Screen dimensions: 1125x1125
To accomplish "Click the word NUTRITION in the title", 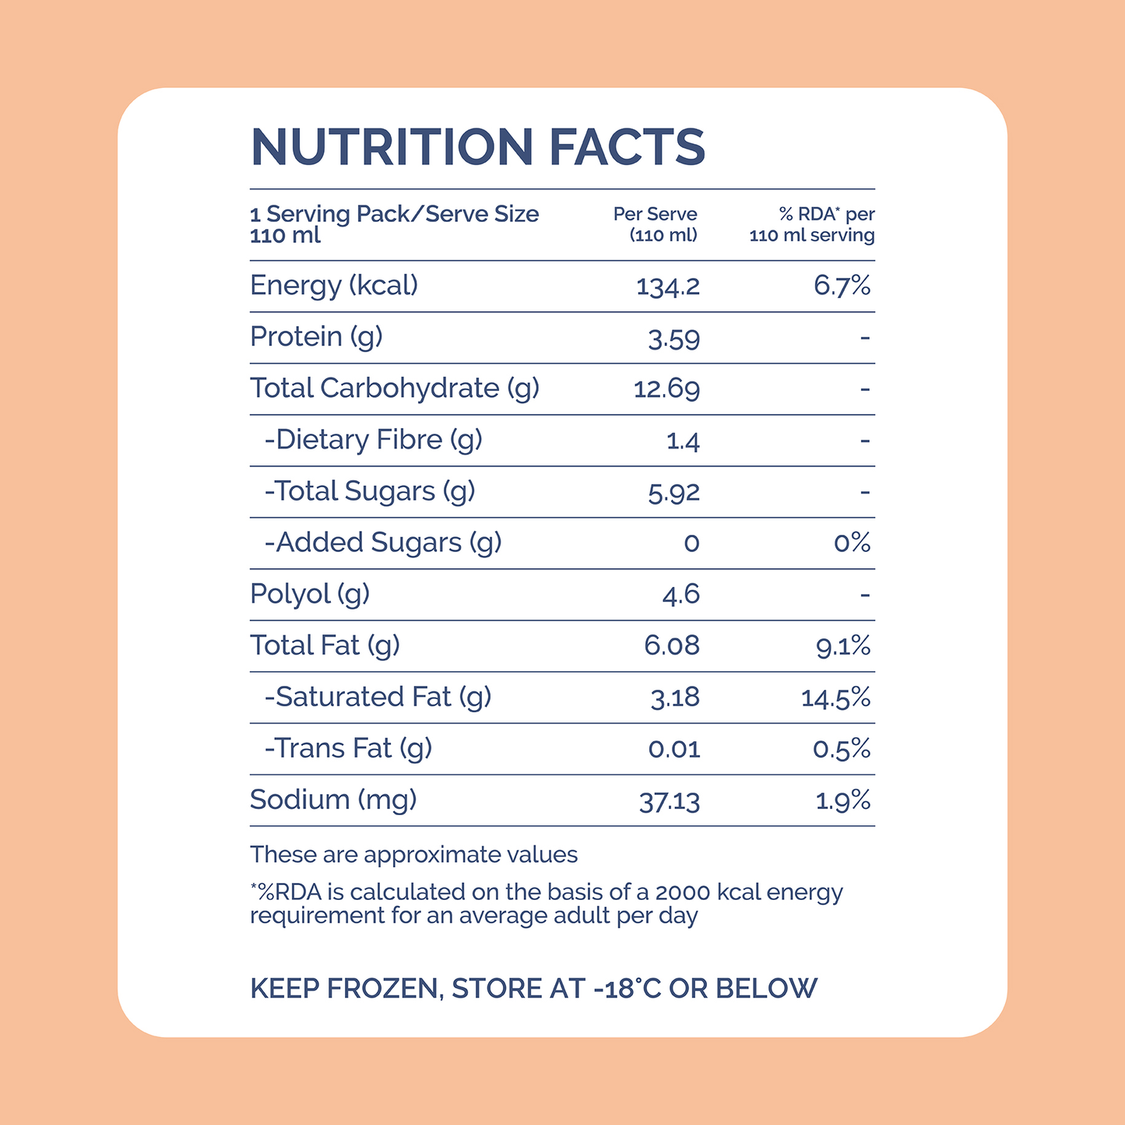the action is click(392, 146).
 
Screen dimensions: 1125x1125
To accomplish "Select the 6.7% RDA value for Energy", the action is click(842, 286).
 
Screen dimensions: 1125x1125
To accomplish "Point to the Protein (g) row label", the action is click(316, 338).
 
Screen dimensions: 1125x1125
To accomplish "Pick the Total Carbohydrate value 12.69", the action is click(666, 388).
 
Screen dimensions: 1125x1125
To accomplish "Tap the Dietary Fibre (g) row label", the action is click(374, 440).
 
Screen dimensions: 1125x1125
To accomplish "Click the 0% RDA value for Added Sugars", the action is click(852, 543).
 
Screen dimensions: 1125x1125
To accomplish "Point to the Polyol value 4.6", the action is click(680, 595).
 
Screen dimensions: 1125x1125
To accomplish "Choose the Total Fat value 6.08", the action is click(672, 645).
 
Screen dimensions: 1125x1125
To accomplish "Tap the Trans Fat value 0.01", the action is click(674, 749).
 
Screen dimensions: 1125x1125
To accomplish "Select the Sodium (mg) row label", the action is click(333, 800).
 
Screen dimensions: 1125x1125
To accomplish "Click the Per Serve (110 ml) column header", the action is click(656, 225).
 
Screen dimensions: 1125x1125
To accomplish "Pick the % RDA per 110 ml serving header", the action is click(812, 225).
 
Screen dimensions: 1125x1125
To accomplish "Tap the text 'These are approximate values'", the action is click(414, 855).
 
